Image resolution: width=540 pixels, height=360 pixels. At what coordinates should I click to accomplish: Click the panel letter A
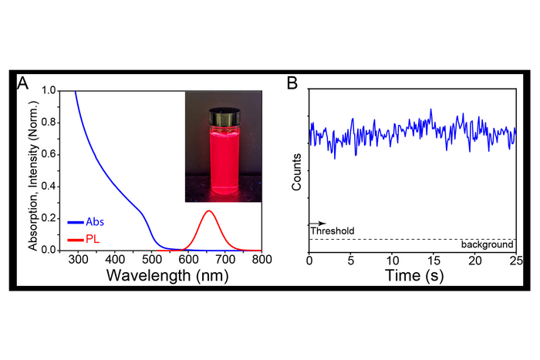[23, 83]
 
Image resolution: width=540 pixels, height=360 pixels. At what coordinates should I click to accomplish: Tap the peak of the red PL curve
[207, 211]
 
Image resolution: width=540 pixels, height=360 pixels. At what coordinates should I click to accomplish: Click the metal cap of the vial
[221, 116]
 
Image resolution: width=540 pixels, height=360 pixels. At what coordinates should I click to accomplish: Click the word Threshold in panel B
[332, 230]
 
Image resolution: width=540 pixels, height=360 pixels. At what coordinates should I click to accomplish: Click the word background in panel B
[488, 244]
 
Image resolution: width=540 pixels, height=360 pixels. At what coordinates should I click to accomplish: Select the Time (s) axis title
[412, 275]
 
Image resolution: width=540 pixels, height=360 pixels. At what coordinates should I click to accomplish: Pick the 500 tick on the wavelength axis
[151, 261]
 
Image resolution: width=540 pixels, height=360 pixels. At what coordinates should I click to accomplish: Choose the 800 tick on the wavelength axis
[262, 261]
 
